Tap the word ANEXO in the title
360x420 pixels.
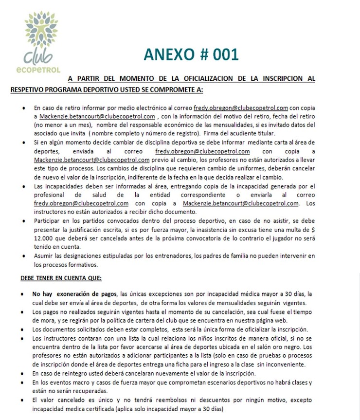tap(167, 54)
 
